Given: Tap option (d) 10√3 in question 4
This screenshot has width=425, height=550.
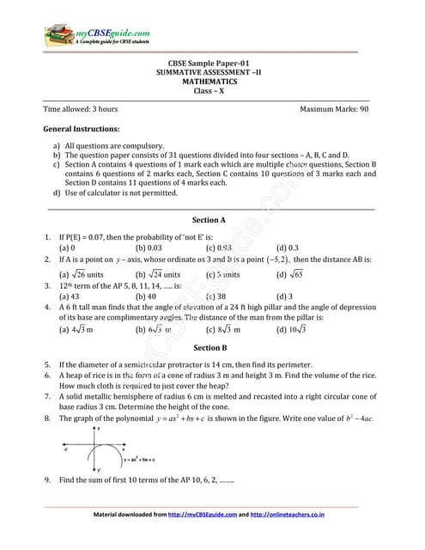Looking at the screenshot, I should click(x=292, y=328).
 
